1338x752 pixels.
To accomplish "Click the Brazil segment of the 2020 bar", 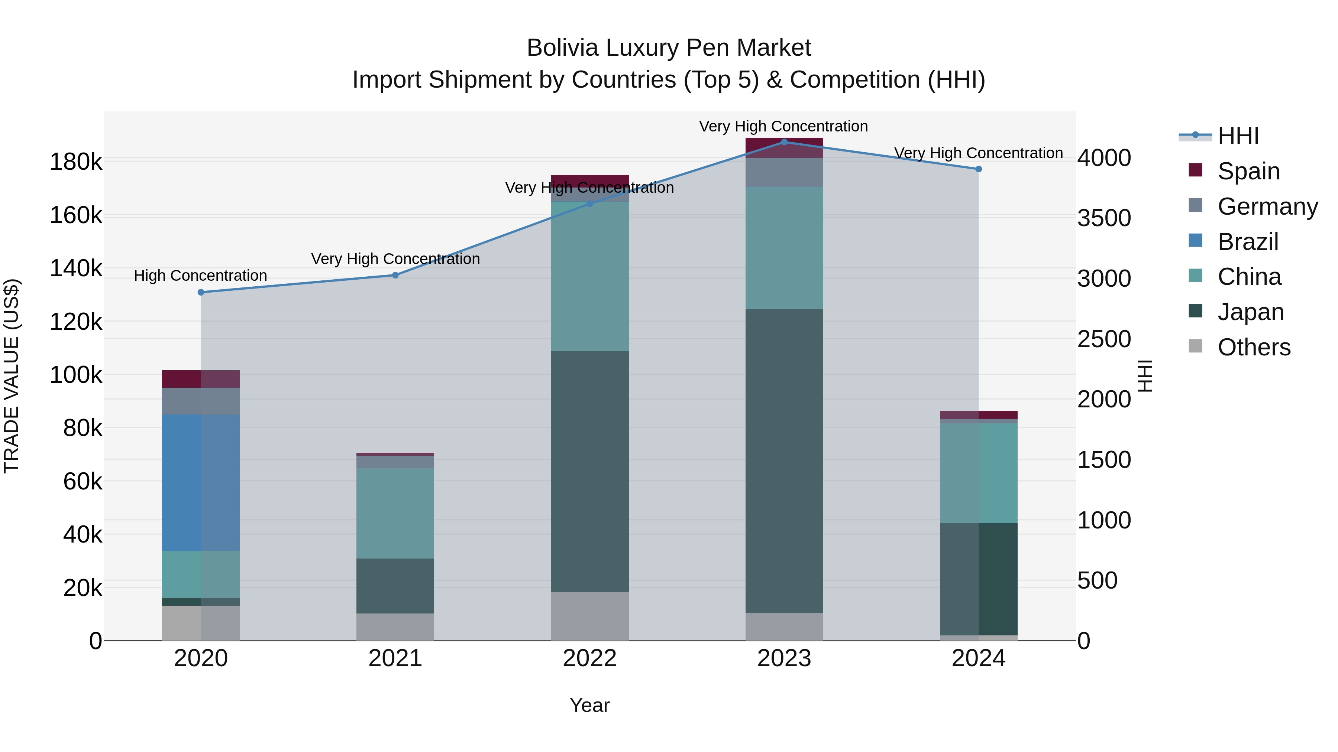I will coord(200,483).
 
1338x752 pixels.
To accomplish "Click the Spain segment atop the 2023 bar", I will coord(784,148).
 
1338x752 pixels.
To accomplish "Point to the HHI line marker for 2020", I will coord(201,292).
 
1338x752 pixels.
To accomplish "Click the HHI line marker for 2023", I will coord(784,142).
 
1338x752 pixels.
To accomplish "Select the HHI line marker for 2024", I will coord(979,169).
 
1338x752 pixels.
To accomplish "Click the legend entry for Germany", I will coord(1267,206).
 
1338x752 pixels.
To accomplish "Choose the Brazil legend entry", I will coord(1248,241).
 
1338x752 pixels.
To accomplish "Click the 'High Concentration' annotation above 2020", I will coord(200,276).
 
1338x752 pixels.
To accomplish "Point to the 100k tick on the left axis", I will coord(76,375).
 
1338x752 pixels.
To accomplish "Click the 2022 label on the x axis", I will coord(589,658).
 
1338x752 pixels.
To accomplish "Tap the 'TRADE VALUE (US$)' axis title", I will coord(12,376).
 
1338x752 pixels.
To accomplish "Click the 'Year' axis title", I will coord(589,705).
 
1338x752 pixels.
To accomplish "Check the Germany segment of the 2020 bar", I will coord(200,401).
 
